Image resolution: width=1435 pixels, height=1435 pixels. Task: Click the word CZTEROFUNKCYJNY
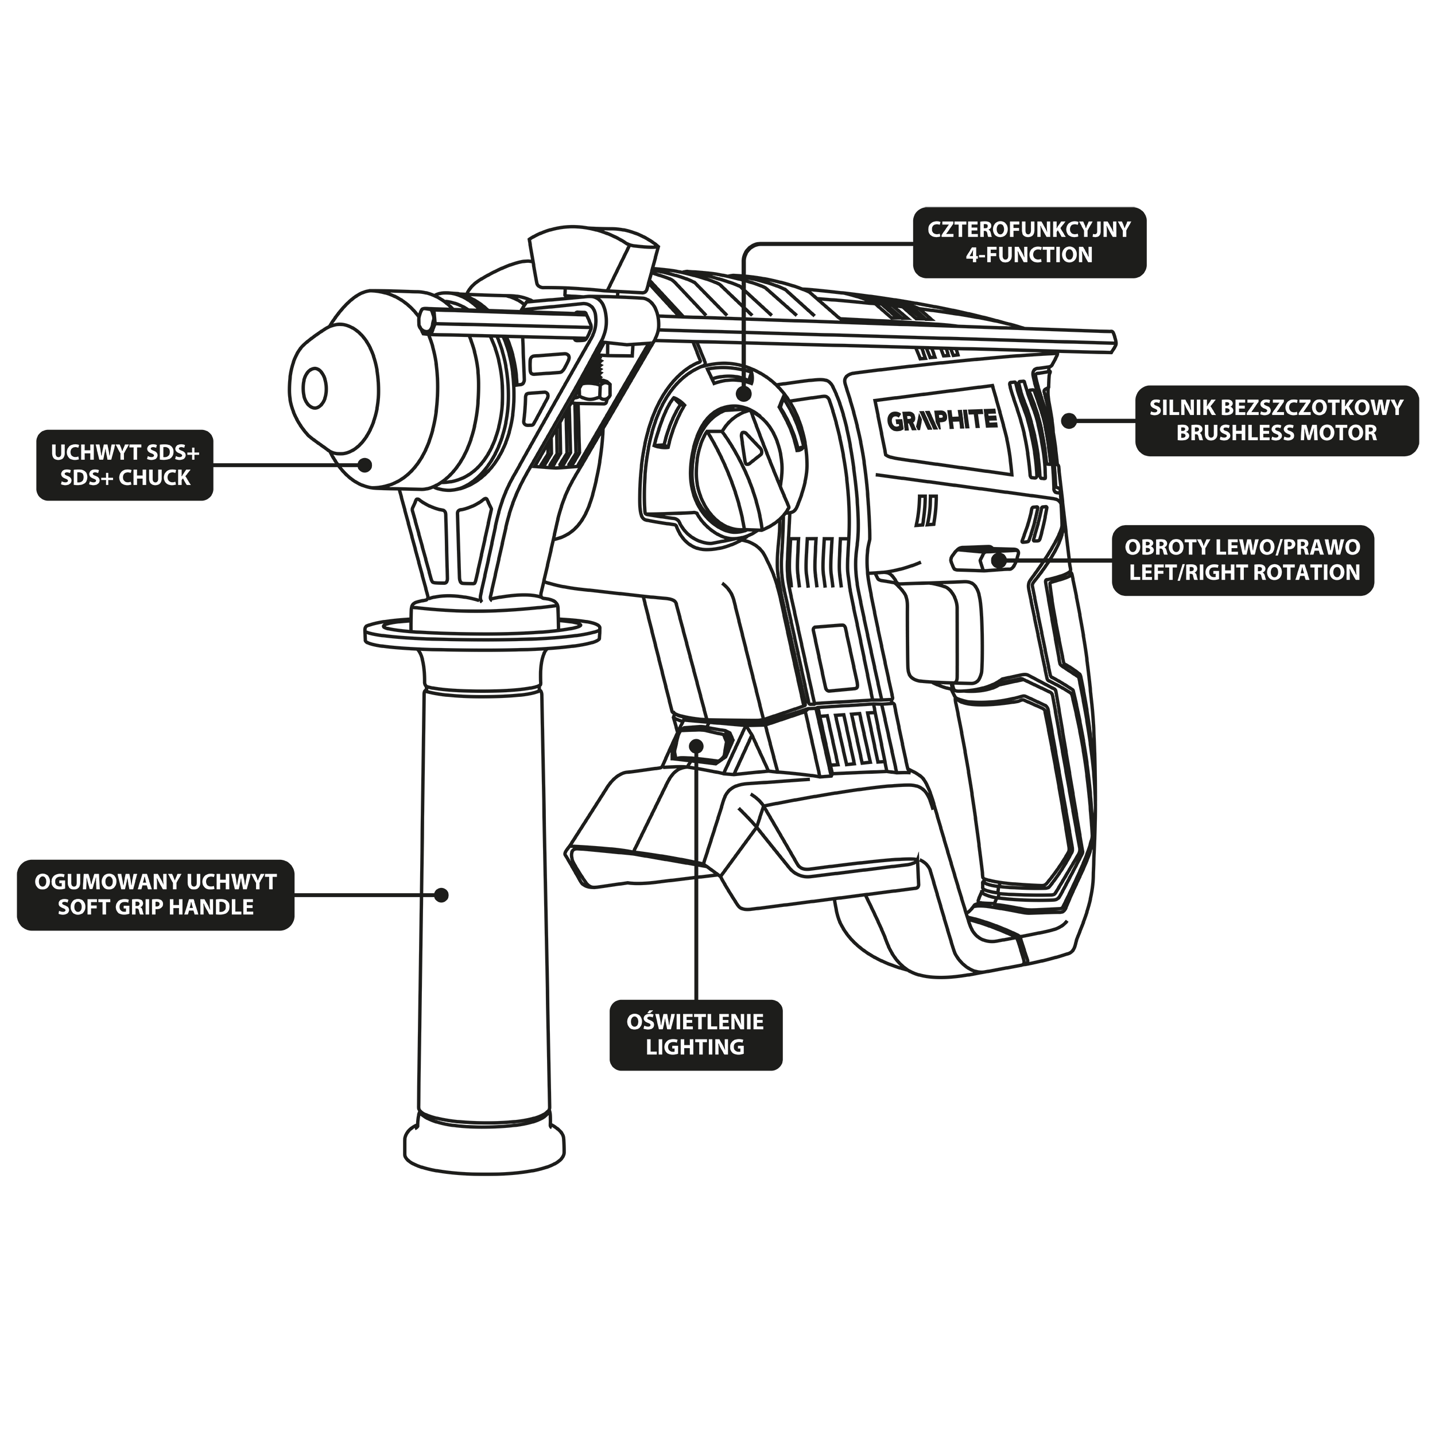pyautogui.click(x=1029, y=230)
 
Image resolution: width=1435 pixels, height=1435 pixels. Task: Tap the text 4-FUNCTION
pyautogui.click(x=1029, y=255)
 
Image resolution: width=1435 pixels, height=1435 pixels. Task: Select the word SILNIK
pyautogui.click(x=1182, y=408)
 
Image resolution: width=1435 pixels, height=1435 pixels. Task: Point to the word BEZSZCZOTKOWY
pyautogui.click(x=1312, y=408)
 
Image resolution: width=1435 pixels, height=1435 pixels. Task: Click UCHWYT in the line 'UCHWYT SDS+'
pyautogui.click(x=96, y=452)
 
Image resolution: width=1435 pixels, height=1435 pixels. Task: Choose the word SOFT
pyautogui.click(x=83, y=907)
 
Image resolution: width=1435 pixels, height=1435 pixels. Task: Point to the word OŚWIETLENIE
pyautogui.click(x=695, y=1022)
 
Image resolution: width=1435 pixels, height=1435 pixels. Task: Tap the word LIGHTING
pyautogui.click(x=695, y=1048)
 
